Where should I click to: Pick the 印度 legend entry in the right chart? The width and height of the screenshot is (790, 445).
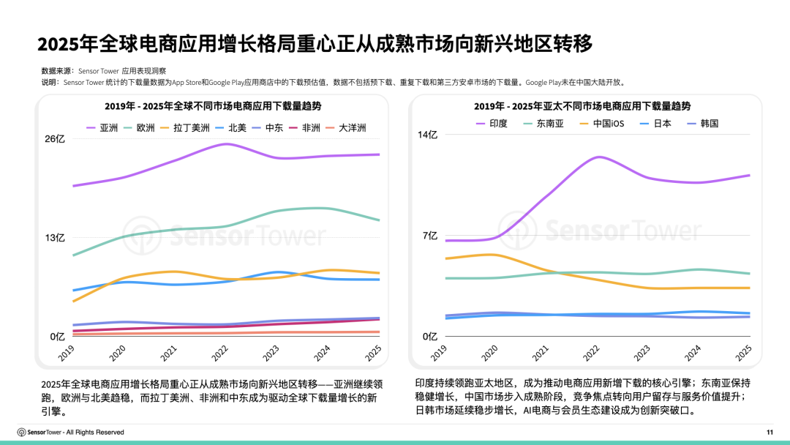(490, 123)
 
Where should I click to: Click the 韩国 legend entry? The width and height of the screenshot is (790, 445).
(701, 123)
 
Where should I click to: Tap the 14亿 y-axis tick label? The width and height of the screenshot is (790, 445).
(429, 135)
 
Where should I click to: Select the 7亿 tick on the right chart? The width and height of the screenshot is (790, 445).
(431, 236)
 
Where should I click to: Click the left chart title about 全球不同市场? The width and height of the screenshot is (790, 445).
(213, 106)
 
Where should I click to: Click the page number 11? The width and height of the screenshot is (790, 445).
(770, 432)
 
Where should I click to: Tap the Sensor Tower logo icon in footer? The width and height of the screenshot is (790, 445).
(22, 432)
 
